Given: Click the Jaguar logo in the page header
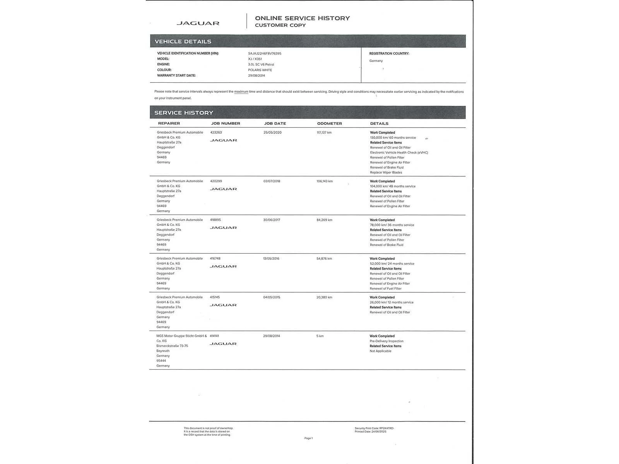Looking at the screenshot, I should pos(198,23).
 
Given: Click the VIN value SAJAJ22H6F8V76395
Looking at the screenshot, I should pos(265,53).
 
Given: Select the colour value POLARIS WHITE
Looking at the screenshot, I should pos(260,70).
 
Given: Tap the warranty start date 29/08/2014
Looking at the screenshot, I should pos(256,75).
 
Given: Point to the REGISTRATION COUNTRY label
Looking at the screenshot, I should pos(389,53).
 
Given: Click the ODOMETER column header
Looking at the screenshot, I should pos(329,123).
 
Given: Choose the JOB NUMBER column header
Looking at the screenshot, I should pos(226,123).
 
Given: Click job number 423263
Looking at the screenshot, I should pos(216,132).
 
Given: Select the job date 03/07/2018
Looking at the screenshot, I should pos(272,181).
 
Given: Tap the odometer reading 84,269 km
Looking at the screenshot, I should pos(324,220).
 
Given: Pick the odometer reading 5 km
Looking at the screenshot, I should pos(320,336).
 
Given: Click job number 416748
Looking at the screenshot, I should pos(215,259).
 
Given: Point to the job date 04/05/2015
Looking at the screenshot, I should pos(271,297).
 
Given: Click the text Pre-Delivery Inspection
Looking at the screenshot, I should pos(386,341).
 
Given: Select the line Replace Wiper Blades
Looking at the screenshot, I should pos(386,172).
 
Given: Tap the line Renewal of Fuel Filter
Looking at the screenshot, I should pos(385,288).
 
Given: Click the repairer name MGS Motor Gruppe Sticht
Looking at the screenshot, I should pos(181,336).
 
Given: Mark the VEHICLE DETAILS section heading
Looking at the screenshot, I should pos(183,41).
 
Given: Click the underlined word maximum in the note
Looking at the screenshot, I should pos(241,92).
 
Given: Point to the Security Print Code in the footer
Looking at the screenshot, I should pos(374,428).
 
